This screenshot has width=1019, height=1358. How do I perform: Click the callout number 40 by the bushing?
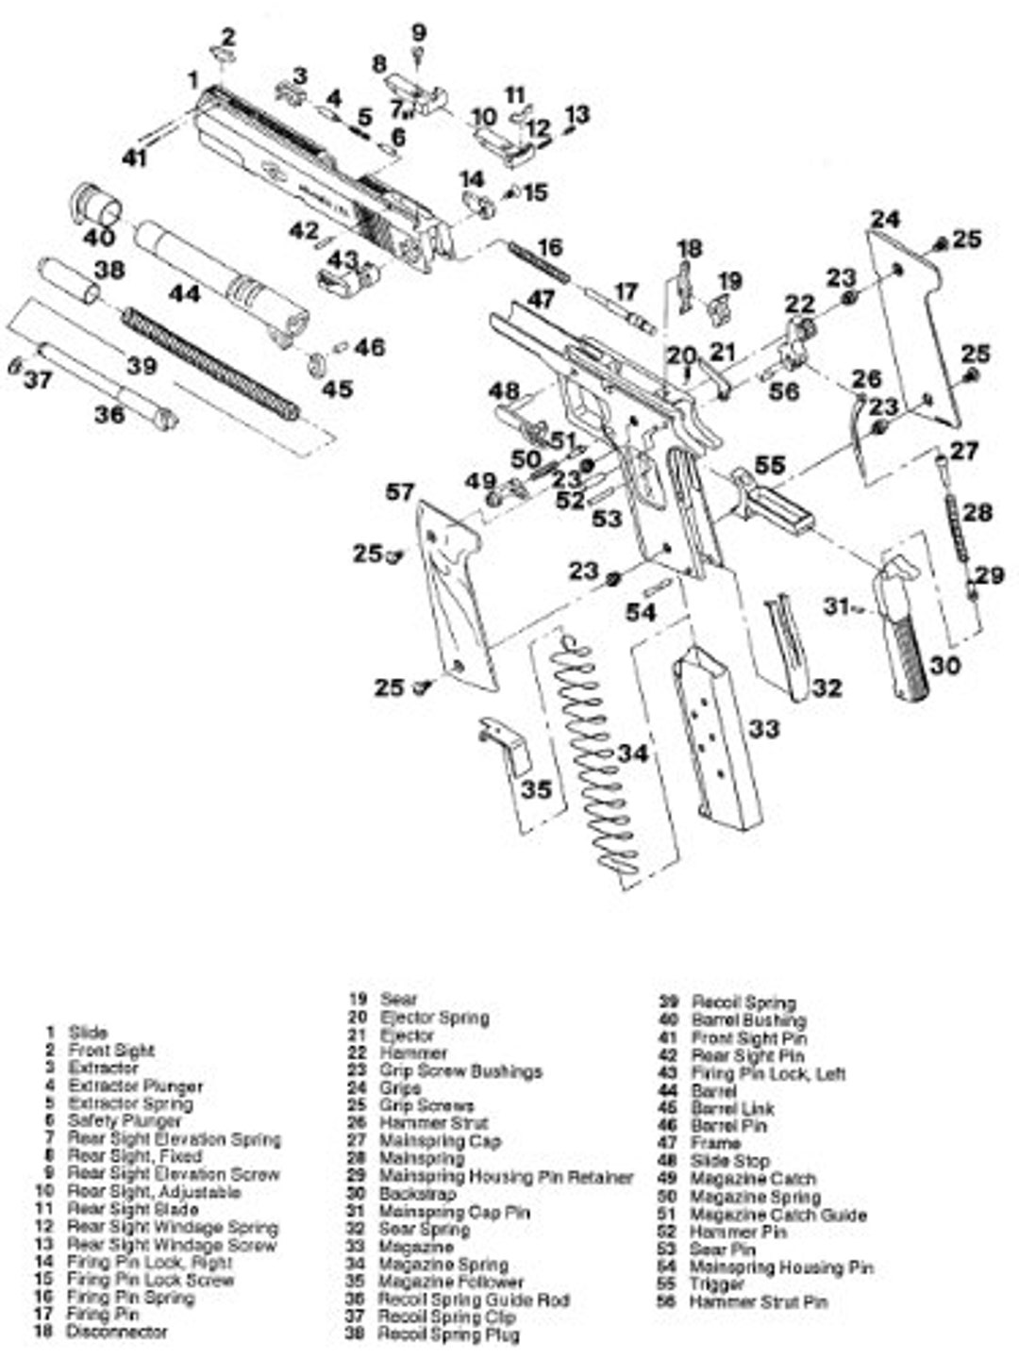click(99, 236)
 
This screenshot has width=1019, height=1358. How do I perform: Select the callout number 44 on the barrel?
click(184, 294)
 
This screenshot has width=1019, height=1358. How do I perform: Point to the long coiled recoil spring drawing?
click(209, 362)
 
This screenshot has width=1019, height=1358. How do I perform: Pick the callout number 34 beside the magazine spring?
click(633, 754)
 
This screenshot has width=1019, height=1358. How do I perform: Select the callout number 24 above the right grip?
click(885, 219)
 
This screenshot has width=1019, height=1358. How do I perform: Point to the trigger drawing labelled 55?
click(774, 500)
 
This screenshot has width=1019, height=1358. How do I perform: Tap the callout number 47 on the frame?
click(540, 300)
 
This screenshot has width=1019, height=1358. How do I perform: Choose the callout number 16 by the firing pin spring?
click(549, 247)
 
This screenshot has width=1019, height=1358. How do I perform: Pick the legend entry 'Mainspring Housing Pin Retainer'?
click(505, 1177)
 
